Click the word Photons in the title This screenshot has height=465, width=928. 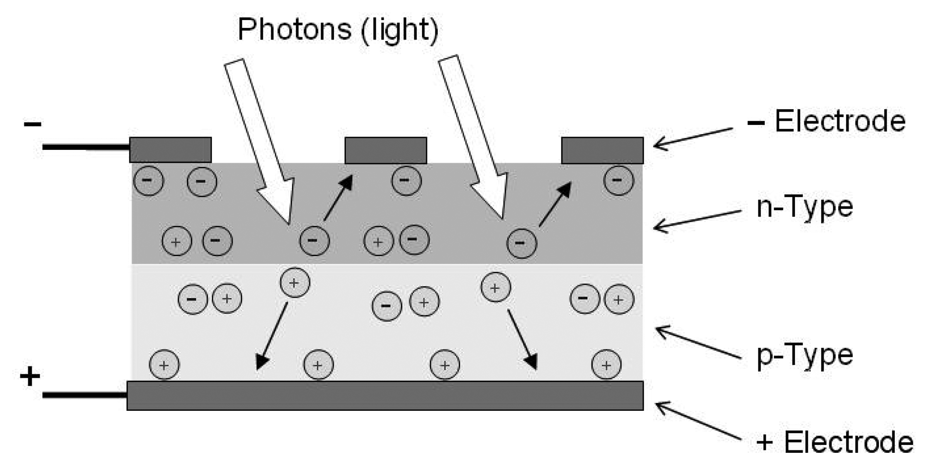tap(294, 29)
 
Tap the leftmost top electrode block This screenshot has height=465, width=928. tap(170, 150)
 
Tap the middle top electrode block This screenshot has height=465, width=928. tap(386, 150)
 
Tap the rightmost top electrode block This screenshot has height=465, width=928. tap(602, 150)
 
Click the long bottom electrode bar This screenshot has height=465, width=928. tap(385, 395)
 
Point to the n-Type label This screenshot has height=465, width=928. tap(804, 206)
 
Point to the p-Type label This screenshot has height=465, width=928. tap(804, 355)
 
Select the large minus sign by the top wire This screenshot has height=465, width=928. tap(33, 124)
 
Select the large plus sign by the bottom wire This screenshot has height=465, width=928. tap(30, 376)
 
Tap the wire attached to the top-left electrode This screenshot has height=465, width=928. tap(85, 146)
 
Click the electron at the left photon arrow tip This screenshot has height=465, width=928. tap(314, 240)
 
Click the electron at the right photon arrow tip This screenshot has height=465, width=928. tap(522, 243)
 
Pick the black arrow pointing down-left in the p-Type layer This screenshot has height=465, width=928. tap(272, 336)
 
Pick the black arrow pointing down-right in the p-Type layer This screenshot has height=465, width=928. tap(522, 340)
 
